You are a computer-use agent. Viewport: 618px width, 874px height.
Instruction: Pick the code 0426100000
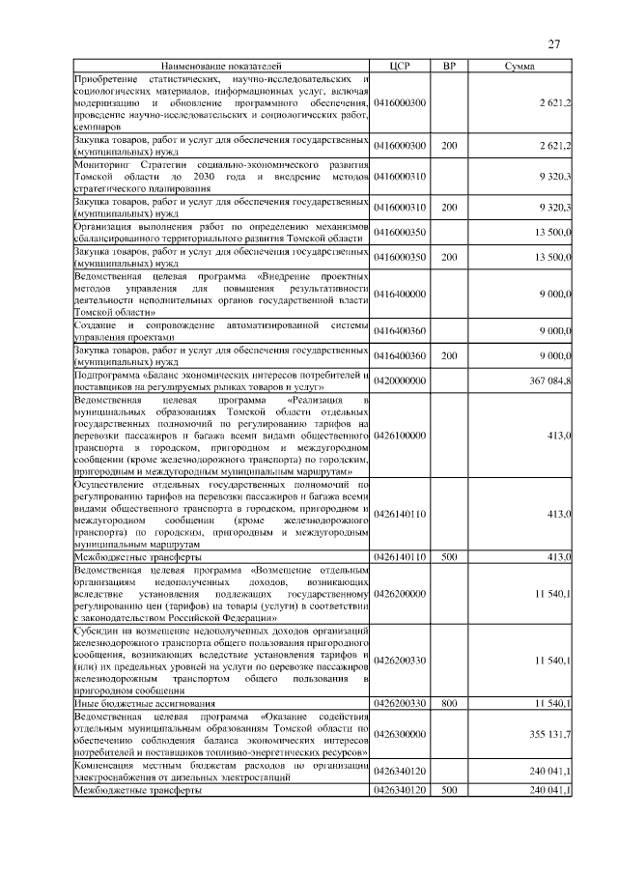[400, 436]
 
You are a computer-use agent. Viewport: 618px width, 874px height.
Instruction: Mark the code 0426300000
[400, 734]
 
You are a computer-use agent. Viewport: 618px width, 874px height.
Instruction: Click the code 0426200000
[400, 594]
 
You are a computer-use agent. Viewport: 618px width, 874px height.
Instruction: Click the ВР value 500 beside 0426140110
[448, 558]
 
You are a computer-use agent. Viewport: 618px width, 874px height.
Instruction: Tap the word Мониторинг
[101, 165]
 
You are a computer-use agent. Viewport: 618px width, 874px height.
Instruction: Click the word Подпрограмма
[104, 375]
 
